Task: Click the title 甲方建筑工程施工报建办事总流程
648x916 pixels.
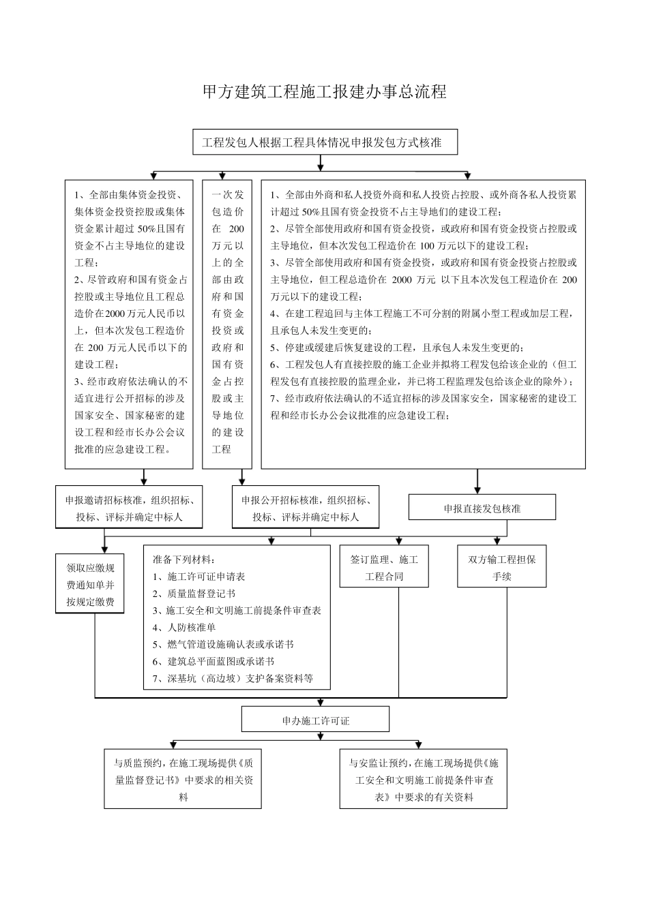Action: click(325, 92)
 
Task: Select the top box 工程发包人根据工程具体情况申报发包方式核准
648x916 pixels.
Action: click(325, 142)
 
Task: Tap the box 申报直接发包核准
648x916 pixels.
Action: click(482, 508)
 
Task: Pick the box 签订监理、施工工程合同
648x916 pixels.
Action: click(384, 567)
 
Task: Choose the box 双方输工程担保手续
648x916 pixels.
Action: click(501, 567)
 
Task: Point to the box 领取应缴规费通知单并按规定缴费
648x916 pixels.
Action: click(90, 584)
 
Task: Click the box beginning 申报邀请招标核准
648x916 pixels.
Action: click(130, 508)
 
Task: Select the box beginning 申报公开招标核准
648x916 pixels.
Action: click(306, 508)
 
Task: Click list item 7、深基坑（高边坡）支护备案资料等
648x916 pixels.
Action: click(233, 678)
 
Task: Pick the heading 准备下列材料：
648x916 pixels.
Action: click(183, 560)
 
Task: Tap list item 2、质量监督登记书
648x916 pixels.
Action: click(194, 594)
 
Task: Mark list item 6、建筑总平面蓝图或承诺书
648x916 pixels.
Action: click(213, 661)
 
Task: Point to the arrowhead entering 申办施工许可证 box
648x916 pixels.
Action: click(315, 703)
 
